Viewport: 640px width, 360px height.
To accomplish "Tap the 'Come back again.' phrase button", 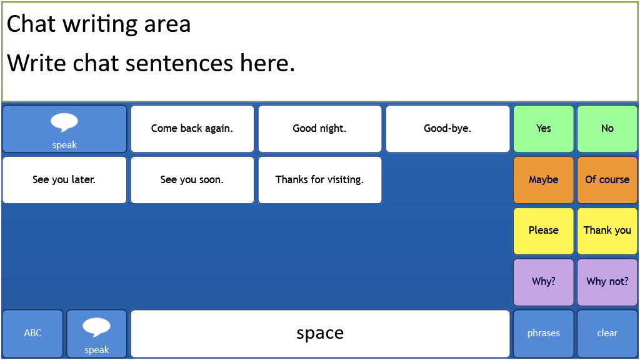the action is [x=192, y=129].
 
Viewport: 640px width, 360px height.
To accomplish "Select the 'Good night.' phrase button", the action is [x=320, y=129].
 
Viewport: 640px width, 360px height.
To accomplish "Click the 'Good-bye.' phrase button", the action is [x=447, y=129].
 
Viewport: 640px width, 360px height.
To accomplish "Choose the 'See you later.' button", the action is [x=64, y=180].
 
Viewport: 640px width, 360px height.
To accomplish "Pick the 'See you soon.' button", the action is [x=192, y=180].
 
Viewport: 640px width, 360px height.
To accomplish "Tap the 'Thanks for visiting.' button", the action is [x=320, y=180].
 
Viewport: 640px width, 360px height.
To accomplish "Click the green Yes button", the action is [x=544, y=129].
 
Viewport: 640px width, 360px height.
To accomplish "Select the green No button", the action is [x=607, y=129].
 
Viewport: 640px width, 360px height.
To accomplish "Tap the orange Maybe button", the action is [x=544, y=180].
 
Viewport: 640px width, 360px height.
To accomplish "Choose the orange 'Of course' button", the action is [x=607, y=180].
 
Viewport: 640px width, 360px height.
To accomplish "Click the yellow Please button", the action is [x=544, y=231].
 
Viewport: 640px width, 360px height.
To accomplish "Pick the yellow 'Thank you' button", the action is [x=607, y=231].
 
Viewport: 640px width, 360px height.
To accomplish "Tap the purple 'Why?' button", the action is [x=544, y=282].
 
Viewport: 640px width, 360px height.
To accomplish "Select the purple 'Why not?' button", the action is [x=607, y=282].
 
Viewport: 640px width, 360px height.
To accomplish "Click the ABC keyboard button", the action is [x=32, y=334].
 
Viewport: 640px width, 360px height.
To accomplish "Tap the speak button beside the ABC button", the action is [x=97, y=334].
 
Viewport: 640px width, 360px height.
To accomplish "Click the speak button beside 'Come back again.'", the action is [x=64, y=129].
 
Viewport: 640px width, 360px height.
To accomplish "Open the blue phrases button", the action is [x=544, y=334].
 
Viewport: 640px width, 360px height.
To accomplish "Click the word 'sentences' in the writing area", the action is [x=179, y=63].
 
